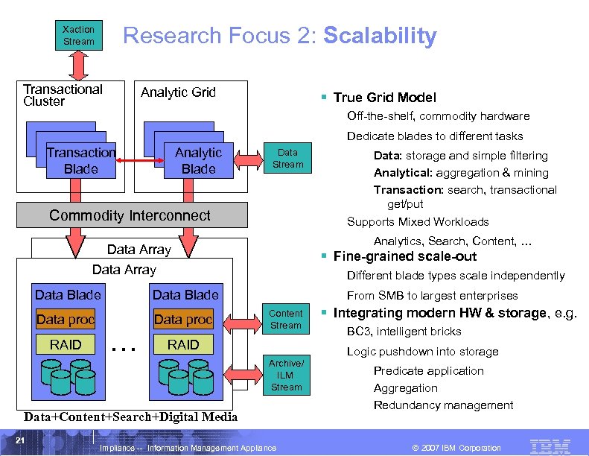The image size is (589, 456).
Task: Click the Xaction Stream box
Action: tap(78, 35)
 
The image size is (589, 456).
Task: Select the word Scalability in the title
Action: tap(381, 36)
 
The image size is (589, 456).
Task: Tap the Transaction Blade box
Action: tap(80, 161)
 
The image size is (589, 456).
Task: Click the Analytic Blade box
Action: tap(198, 161)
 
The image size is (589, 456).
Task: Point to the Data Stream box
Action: tap(287, 159)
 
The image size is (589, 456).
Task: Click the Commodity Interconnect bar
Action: tap(130, 215)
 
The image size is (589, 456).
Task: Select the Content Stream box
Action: tap(286, 319)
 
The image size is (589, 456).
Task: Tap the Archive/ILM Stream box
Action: tap(286, 375)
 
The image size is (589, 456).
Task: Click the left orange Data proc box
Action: tap(66, 320)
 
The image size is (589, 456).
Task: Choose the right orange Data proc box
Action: tap(183, 320)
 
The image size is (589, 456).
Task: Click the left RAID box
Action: tap(66, 344)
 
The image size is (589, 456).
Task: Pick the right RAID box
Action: tap(183, 344)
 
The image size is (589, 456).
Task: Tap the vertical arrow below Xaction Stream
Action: tap(78, 65)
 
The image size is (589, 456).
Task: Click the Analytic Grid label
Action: tap(178, 92)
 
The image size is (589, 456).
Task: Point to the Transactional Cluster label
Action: tap(63, 95)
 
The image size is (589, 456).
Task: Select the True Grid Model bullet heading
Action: tap(384, 98)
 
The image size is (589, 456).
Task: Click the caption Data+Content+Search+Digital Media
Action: tap(130, 417)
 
